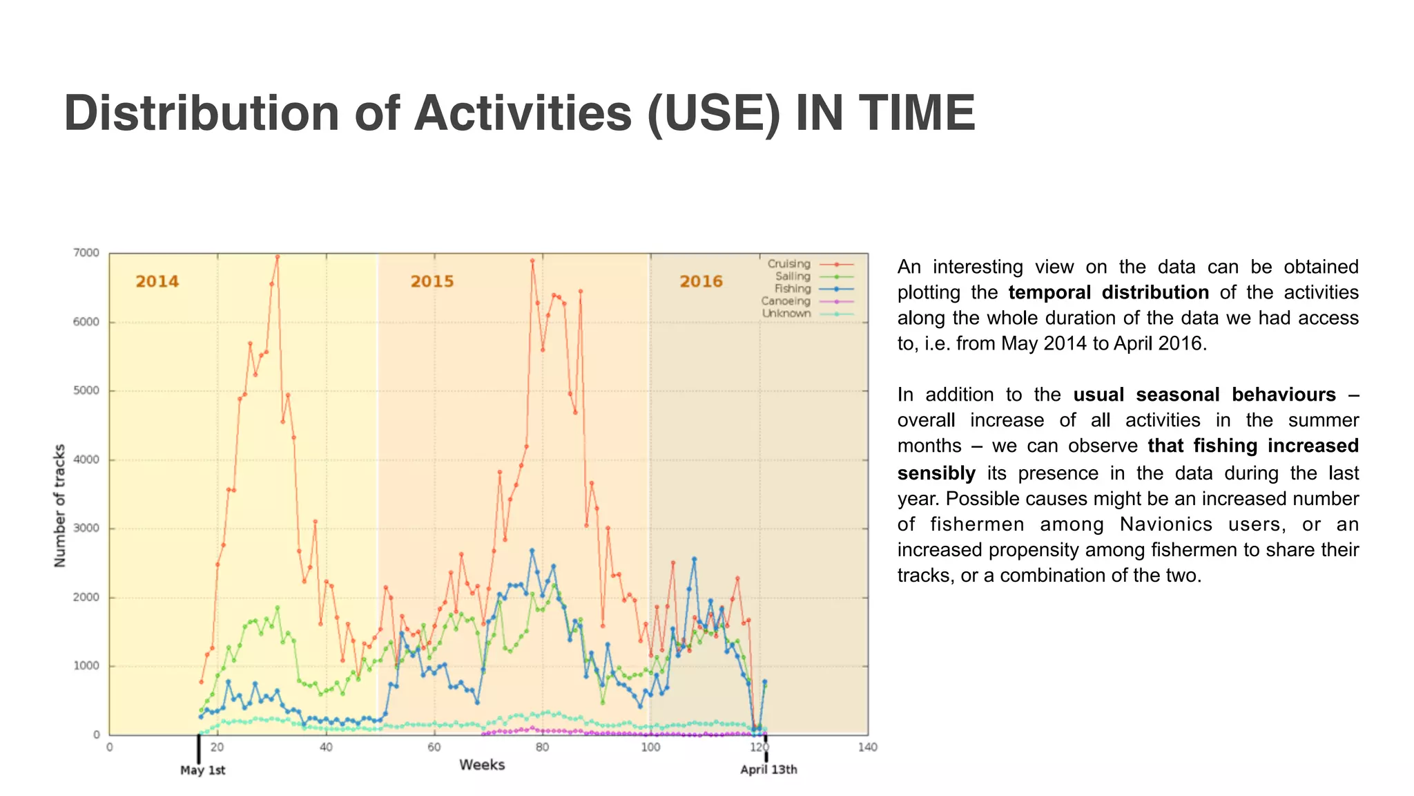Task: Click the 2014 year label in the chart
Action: [x=157, y=281]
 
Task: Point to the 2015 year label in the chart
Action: [x=432, y=281]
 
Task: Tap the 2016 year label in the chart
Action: [x=701, y=281]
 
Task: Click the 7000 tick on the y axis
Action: [x=86, y=253]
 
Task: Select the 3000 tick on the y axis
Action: [x=86, y=529]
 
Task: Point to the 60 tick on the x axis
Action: [x=434, y=748]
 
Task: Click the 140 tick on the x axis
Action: [x=867, y=748]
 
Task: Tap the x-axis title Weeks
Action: [x=482, y=765]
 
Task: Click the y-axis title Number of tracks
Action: [x=60, y=506]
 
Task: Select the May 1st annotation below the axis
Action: [x=202, y=770]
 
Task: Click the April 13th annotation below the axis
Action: [x=768, y=770]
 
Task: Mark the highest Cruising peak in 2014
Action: [x=277, y=257]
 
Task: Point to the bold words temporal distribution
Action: [x=1108, y=292]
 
